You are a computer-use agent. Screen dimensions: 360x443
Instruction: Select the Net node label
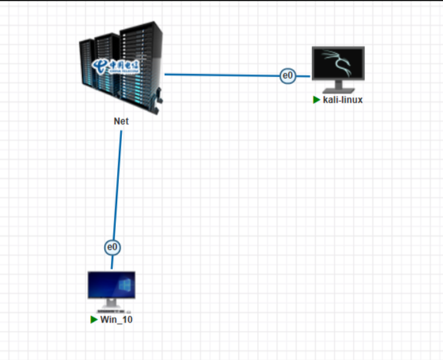point(121,121)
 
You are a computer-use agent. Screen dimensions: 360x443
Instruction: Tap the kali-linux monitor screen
point(338,63)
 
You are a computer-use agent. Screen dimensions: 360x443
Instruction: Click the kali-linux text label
point(343,100)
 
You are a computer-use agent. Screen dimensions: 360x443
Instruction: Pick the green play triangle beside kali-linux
point(316,100)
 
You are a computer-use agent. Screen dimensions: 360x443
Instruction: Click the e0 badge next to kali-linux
point(287,75)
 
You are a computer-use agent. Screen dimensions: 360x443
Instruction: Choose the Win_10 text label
point(116,319)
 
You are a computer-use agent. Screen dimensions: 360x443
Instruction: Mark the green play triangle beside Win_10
point(94,319)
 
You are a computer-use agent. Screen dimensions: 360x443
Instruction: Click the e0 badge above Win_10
point(112,247)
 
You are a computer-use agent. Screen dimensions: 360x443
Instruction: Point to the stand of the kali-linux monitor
point(338,86)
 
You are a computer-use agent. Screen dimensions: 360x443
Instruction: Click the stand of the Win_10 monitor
point(111,304)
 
